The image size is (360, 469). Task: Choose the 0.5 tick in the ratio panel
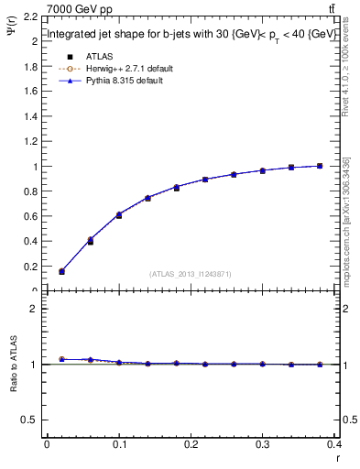tap(27, 420)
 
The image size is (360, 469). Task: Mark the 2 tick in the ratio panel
tap(31, 309)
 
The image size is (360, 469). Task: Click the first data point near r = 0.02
tap(61, 271)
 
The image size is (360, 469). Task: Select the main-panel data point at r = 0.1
tap(119, 214)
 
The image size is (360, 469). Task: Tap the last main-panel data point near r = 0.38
tap(320, 166)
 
